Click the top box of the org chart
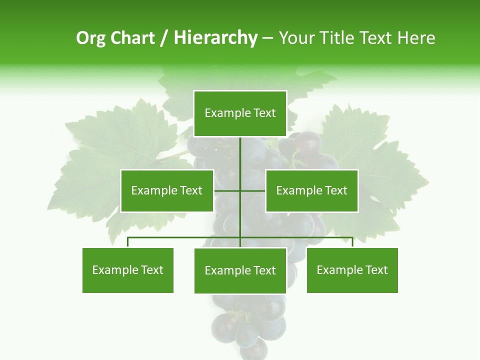point(240,113)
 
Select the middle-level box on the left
point(167,190)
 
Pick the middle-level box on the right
point(312,190)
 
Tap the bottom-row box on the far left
point(128,270)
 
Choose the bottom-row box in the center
point(240,270)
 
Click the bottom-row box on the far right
point(352,270)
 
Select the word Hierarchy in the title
point(215,38)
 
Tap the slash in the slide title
point(164,38)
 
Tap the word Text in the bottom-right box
point(376,270)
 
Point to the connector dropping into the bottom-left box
point(128,242)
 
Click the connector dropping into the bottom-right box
point(352,242)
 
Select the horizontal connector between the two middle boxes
point(240,190)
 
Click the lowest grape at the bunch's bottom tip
point(254,348)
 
